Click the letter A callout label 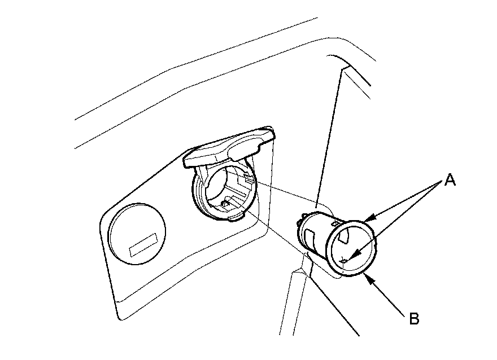coord(450,181)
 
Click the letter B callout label coord(414,319)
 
